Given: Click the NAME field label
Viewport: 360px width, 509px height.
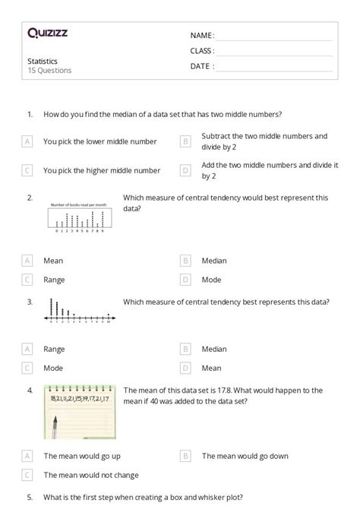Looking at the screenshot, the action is pos(202,36).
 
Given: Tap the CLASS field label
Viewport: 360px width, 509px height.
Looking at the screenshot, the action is pos(202,51).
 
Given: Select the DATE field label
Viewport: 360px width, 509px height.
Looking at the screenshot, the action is pos(202,66).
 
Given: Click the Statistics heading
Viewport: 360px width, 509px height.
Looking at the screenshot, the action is pos(43,61).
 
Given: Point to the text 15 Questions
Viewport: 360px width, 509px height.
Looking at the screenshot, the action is pos(49,71).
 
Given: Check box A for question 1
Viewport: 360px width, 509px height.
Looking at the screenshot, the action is pos(27,141).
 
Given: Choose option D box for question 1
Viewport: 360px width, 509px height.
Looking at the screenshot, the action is pos(185,170).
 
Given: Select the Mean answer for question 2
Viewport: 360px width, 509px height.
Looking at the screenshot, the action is pos(53,261).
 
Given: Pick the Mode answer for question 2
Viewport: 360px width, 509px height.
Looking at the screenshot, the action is pos(211,280).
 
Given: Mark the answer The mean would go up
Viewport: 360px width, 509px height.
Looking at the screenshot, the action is pos(81,456).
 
